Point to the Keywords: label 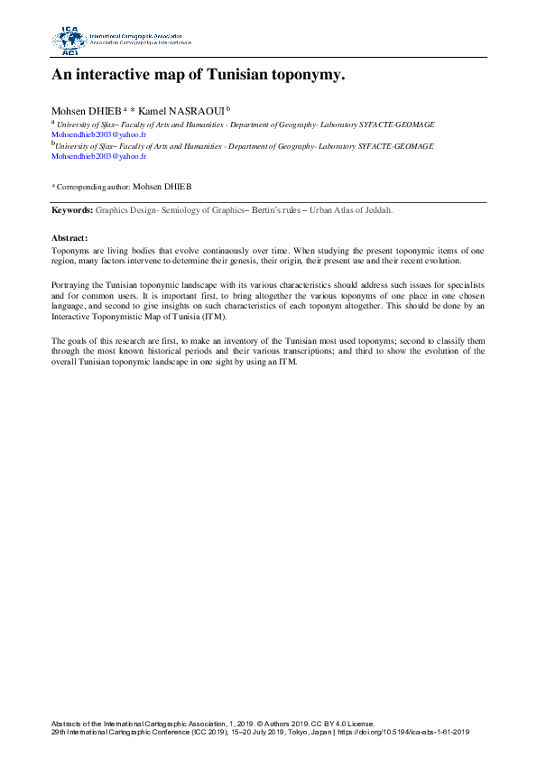coord(72,209)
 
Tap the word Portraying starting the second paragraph coord(72,284)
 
